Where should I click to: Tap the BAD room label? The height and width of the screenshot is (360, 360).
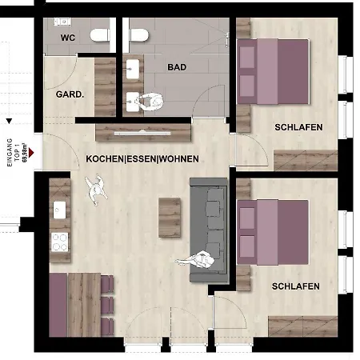click(x=177, y=67)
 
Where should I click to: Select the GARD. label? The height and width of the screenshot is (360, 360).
click(x=70, y=94)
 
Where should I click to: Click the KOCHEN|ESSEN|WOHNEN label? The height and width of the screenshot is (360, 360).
click(x=142, y=159)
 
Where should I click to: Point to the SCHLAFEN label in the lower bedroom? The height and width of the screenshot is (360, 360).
click(x=295, y=286)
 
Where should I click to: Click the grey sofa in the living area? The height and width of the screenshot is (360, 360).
click(x=210, y=229)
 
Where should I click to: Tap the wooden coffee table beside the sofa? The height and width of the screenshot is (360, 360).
click(x=170, y=214)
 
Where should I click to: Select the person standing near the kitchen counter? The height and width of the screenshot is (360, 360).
click(x=97, y=190)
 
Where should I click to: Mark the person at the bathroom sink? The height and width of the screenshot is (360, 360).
click(x=150, y=102)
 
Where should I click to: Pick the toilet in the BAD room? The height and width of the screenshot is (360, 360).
click(x=139, y=34)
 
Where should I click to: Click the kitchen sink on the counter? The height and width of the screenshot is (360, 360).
click(x=58, y=210)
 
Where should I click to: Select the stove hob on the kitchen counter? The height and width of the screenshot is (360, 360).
click(x=59, y=240)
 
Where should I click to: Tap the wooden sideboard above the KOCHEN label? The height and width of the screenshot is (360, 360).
click(x=143, y=129)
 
